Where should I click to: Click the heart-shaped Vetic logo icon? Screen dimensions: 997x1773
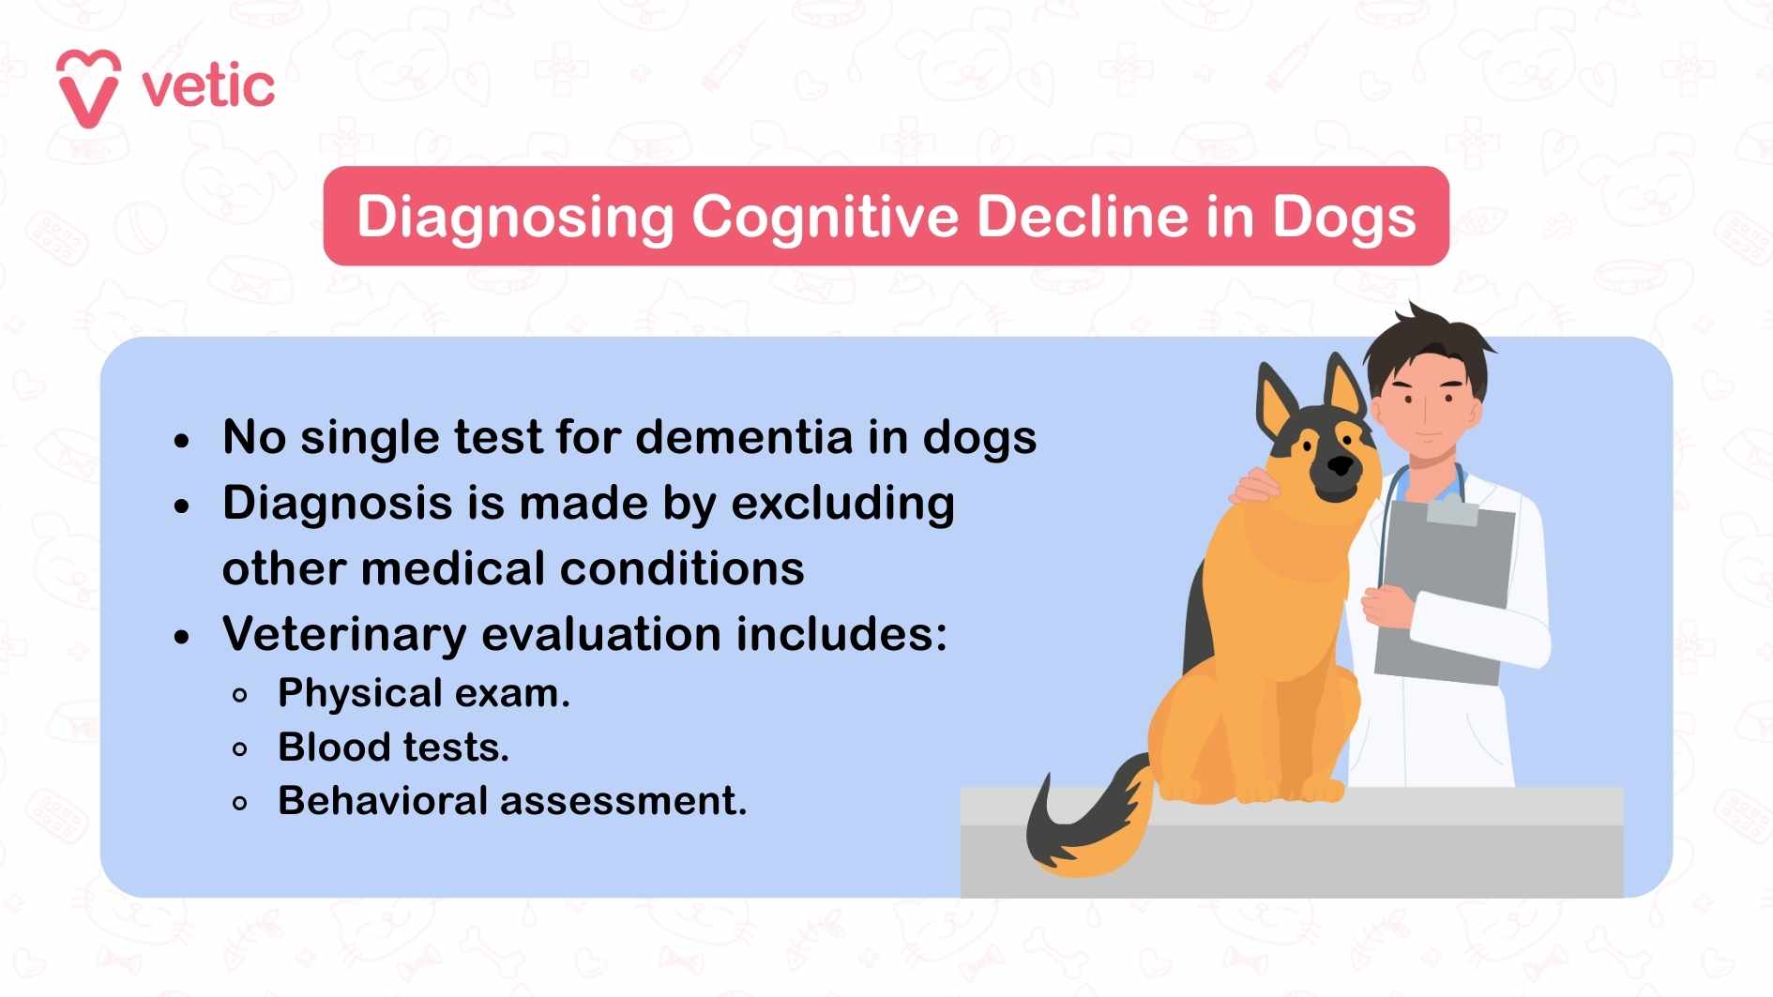[88, 88]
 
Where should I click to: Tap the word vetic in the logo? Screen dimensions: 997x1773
[208, 87]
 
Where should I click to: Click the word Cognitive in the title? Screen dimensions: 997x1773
[825, 218]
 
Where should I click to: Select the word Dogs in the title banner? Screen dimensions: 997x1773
[1343, 218]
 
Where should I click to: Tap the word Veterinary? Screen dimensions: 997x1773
[344, 634]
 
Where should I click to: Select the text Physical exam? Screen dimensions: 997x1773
[424, 694]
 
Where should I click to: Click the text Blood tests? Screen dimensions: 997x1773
[393, 748]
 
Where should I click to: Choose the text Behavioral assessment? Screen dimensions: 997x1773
[512, 801]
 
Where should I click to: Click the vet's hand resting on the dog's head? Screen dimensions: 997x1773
[1255, 487]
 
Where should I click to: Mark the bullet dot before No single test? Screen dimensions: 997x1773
[182, 440]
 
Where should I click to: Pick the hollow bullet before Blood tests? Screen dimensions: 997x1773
[240, 749]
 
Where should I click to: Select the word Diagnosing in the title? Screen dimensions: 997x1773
[515, 218]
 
